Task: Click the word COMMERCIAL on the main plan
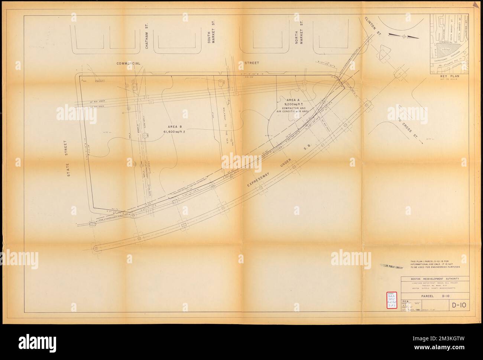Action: (128, 64)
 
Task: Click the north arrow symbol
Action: (403, 35)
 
